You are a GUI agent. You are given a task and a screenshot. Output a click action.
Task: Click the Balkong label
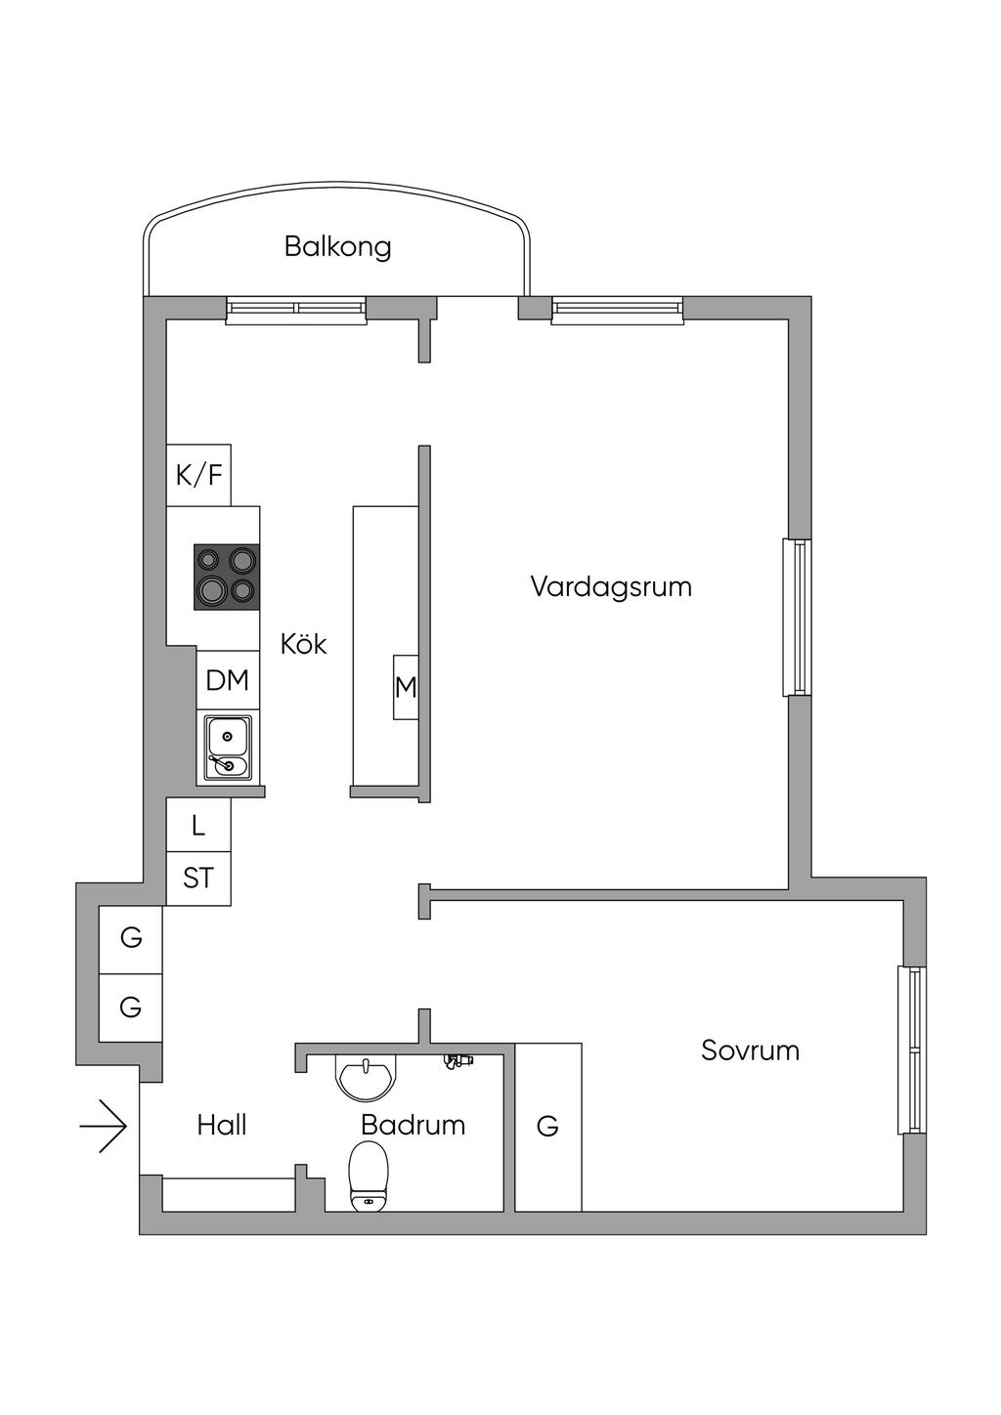pos(337,247)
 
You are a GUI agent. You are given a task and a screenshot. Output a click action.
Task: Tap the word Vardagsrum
pos(611,587)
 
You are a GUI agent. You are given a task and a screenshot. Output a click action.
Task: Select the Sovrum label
pos(750,1051)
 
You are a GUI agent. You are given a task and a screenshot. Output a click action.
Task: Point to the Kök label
pos(303,644)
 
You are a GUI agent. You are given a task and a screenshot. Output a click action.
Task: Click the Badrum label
pos(413,1125)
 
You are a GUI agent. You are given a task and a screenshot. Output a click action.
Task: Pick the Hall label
pos(222,1125)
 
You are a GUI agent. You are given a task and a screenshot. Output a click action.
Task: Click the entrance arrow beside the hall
pos(104,1126)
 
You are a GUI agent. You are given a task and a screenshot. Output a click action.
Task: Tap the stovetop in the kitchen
pos(227,577)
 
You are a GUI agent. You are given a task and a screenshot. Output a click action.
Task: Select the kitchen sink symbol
pos(228,750)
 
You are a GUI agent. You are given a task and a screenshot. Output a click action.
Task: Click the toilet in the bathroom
pos(369,1177)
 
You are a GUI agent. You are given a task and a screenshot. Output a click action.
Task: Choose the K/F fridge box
pos(198,475)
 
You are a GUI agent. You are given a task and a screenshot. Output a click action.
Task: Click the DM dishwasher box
pos(228,680)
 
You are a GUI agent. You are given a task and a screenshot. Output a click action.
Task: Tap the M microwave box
pos(406,687)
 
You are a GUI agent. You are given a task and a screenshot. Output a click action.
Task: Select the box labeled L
pos(198,825)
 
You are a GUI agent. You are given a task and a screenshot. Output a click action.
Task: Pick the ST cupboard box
pos(198,879)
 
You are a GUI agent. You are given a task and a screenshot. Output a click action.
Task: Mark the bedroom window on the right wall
pos(912,1050)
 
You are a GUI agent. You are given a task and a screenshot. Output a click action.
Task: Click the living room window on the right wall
pos(797,618)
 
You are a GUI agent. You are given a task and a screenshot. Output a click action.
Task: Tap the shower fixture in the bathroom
pos(459,1062)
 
